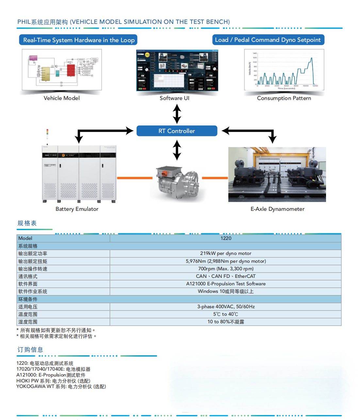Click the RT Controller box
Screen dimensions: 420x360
[177, 131]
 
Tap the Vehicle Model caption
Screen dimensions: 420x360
[62, 98]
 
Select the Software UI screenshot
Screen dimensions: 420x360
[177, 71]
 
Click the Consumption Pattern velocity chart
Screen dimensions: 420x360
[284, 70]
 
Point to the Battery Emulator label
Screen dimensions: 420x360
[77, 209]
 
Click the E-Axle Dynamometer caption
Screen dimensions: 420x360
[277, 209]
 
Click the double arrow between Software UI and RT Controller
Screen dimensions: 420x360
[177, 113]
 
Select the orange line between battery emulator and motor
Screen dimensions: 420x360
[135, 178]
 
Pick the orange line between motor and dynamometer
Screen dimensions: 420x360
[215, 178]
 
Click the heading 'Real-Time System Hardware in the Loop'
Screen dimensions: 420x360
[78, 40]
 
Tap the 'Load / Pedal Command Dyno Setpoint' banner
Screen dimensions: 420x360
[268, 40]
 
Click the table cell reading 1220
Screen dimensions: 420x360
[226, 238]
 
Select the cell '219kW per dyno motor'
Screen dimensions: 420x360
[226, 253]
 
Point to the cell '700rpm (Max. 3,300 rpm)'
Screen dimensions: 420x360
[226, 269]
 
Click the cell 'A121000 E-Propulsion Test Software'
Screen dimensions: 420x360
[226, 284]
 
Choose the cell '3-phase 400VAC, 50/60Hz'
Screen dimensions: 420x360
[226, 307]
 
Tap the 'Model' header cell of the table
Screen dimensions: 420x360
[63, 238]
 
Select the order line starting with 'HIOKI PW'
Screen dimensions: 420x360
[53, 381]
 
